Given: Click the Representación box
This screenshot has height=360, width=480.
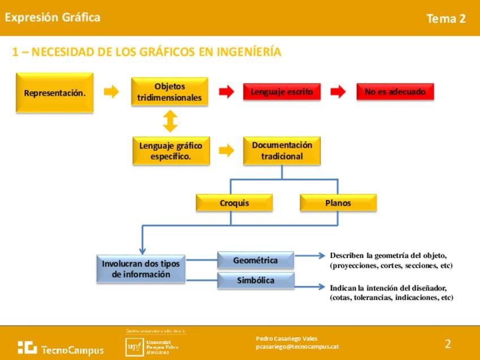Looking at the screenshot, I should point(54,92).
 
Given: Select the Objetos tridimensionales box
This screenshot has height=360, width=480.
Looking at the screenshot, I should point(169,92).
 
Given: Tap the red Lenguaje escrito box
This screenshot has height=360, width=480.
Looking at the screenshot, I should point(281,92).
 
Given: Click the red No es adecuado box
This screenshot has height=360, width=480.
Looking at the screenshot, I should point(395,92).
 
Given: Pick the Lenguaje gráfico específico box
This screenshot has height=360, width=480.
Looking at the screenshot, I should point(170,151).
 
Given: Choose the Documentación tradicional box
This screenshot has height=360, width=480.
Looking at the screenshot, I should point(281,151).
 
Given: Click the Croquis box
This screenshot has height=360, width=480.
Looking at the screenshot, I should point(234,203).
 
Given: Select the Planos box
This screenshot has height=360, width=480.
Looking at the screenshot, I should point(338,203).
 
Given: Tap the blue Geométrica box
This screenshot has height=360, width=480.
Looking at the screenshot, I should point(255,260).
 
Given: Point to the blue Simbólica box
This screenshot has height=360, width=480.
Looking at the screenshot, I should point(255,280).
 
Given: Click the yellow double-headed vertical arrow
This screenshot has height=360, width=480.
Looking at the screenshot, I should point(170,121).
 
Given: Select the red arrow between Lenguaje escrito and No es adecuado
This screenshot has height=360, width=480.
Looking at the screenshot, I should point(338,92).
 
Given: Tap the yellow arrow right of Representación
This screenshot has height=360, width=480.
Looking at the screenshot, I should point(112,92).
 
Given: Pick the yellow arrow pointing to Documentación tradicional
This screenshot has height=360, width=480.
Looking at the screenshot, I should point(226,150).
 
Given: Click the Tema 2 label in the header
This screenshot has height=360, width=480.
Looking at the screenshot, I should point(445,19).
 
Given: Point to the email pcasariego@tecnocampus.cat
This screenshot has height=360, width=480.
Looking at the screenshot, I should point(297,346).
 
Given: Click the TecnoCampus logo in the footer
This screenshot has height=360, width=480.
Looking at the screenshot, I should point(60,348).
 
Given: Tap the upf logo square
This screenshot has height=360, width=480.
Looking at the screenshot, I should point(134,346).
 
